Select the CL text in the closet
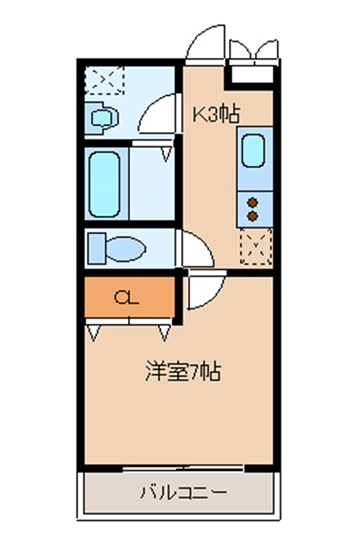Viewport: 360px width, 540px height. coord(126,297)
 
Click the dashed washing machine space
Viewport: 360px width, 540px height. coord(102,79)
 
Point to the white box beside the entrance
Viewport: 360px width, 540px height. coord(249,73)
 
